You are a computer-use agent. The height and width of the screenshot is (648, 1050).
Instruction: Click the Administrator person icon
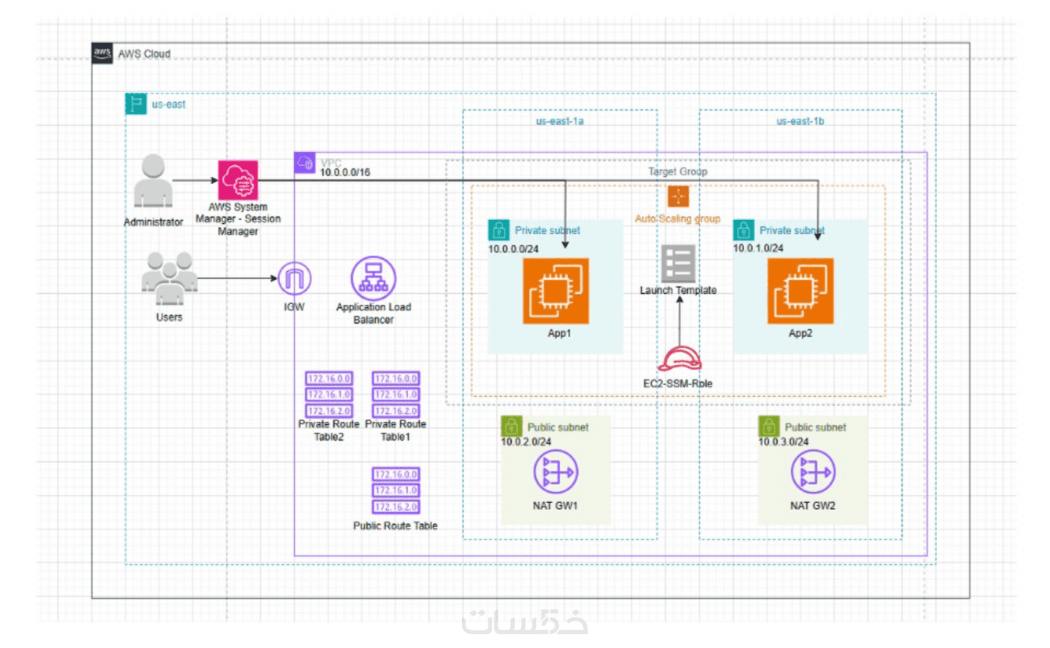154,182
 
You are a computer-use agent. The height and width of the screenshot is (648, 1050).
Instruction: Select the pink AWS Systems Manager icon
238,181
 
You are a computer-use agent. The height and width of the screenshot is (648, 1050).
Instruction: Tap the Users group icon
168,278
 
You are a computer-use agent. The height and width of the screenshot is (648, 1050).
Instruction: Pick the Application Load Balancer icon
374,278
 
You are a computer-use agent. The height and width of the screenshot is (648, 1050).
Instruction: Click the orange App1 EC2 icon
555,291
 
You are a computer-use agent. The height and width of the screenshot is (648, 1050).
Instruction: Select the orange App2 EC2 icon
800,291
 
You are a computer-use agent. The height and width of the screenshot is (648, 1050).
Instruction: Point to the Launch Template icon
678,264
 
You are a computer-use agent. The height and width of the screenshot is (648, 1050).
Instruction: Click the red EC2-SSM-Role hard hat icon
679,359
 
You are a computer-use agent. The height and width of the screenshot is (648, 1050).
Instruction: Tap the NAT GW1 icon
555,473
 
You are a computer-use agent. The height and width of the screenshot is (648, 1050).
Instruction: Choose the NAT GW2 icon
813,473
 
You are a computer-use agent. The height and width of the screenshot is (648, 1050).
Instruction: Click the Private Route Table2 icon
328,395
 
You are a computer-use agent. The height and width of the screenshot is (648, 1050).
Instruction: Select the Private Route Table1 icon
396,395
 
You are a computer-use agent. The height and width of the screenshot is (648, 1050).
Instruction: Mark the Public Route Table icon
396,490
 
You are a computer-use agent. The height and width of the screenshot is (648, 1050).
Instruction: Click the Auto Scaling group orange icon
678,197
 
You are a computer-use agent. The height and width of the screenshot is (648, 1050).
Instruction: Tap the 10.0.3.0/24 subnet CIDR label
783,442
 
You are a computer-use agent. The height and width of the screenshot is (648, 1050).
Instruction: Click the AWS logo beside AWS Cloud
102,53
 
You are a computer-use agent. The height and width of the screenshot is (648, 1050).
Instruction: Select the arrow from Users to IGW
237,278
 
